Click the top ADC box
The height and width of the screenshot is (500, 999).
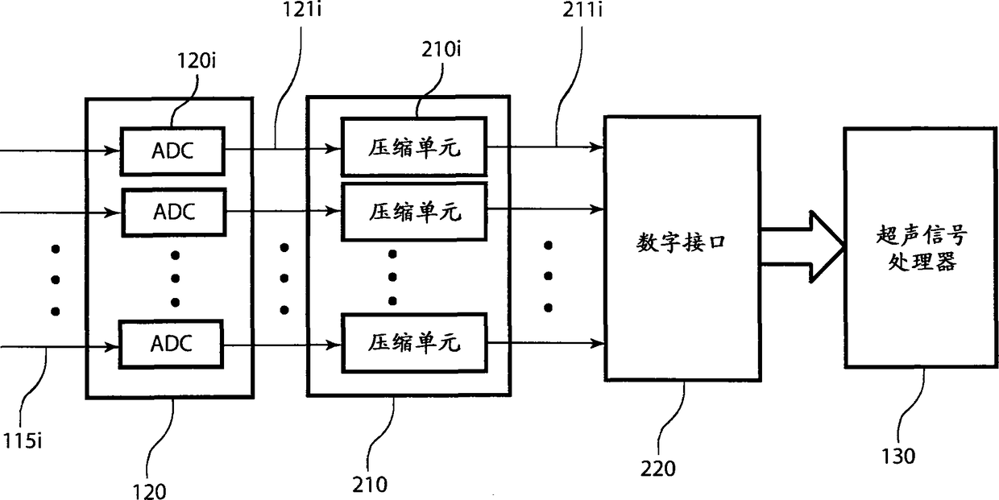click(x=172, y=151)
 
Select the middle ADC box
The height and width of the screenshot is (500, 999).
click(x=172, y=212)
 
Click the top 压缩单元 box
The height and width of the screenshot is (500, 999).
click(x=414, y=147)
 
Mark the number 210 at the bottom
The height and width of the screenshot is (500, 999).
click(x=370, y=485)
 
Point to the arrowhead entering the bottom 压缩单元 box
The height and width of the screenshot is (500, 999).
click(x=334, y=345)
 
